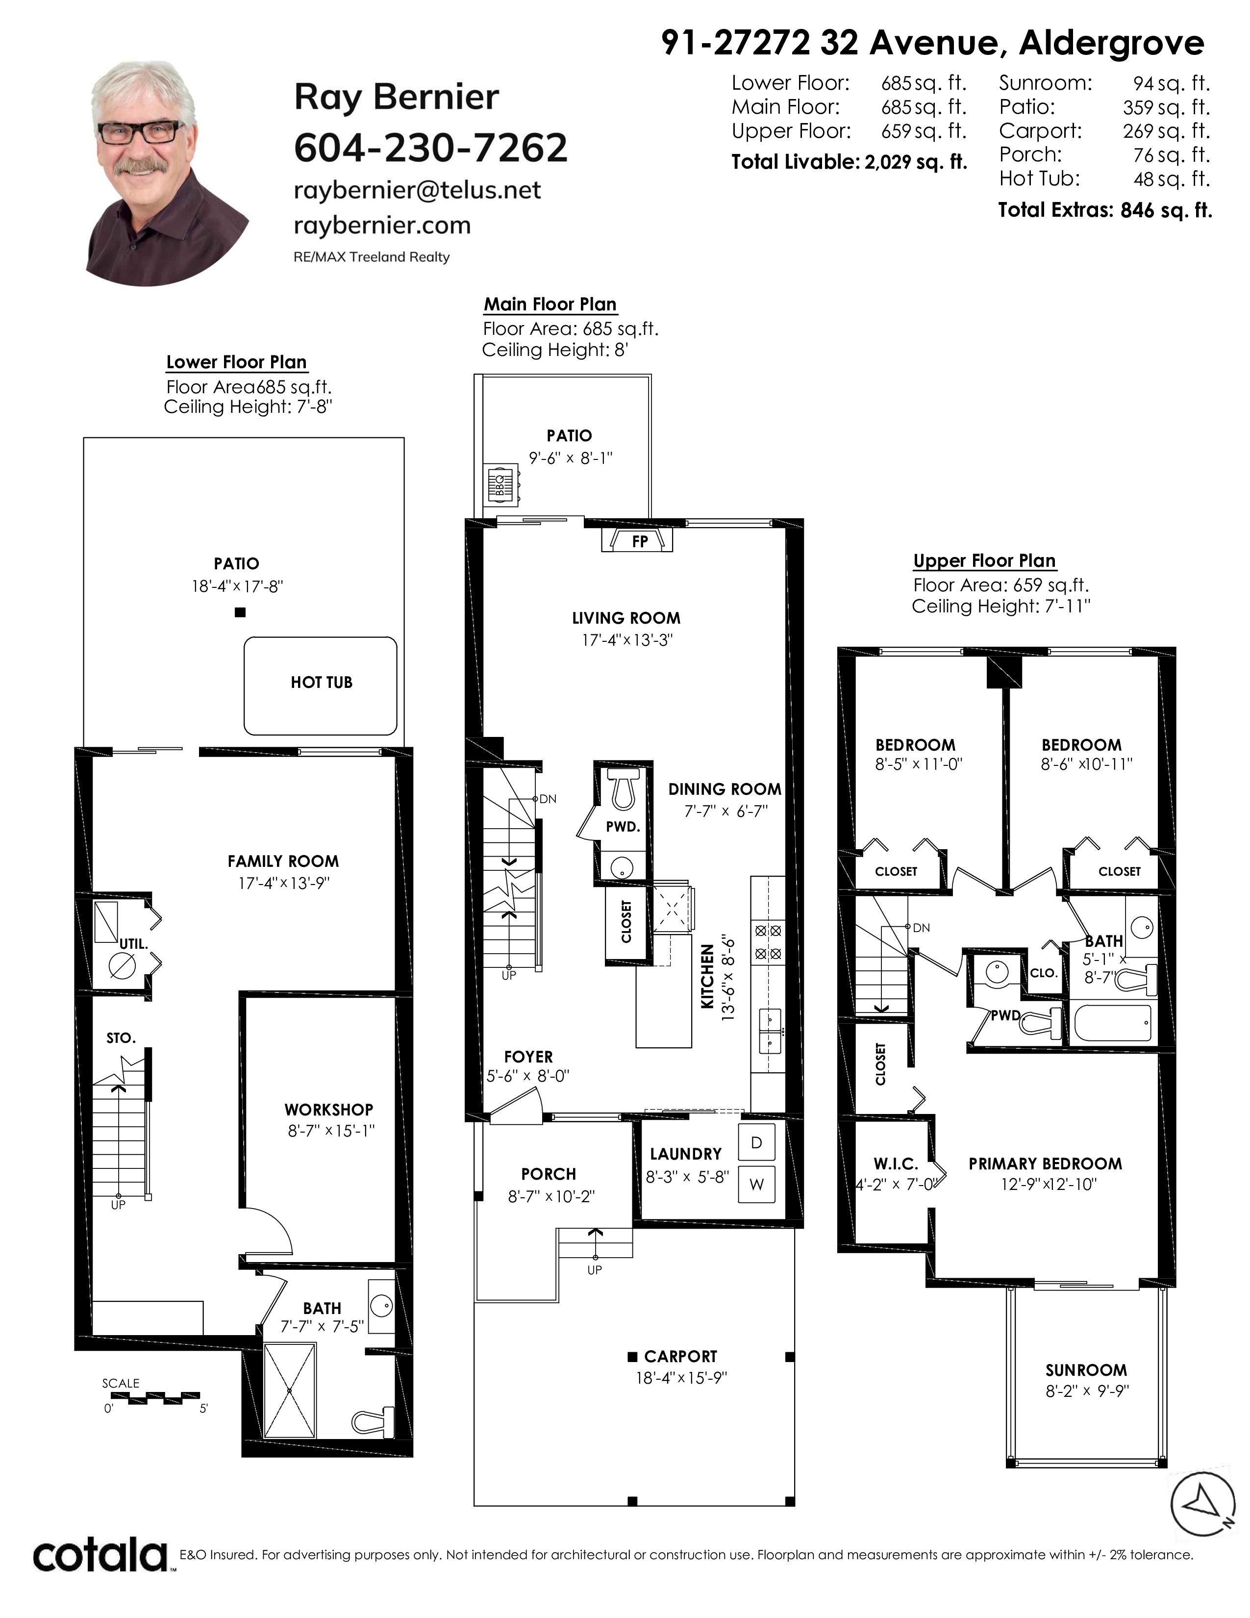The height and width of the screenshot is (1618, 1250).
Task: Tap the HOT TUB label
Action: (x=322, y=683)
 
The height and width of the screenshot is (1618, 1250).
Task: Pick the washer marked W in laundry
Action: (x=756, y=1184)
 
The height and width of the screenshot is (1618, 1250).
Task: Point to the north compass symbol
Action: (x=1202, y=1502)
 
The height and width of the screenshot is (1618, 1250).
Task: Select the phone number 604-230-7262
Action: (x=431, y=148)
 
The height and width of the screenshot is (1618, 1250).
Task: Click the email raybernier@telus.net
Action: (x=418, y=190)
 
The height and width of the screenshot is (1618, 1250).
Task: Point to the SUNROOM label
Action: (x=1086, y=1370)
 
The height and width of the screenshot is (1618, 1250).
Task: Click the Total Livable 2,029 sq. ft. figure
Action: (x=850, y=162)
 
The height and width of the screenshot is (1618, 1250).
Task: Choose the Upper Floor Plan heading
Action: (x=984, y=561)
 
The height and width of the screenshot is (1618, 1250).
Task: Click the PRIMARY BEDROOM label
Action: (x=1045, y=1164)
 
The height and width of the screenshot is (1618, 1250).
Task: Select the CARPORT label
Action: (x=680, y=1357)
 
